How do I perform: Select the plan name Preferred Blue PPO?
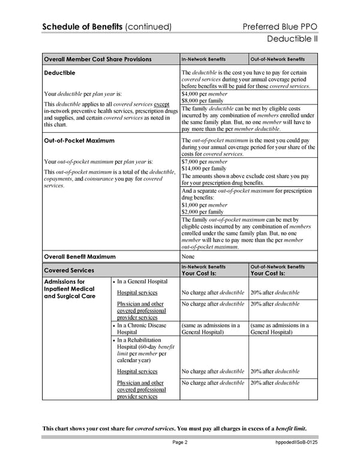coord(280,26)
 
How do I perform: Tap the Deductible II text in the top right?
coord(291,40)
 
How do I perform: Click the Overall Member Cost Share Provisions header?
coord(97,59)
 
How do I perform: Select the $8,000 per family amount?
coord(203,101)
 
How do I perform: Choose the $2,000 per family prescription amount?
coord(203,212)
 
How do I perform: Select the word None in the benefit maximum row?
coord(188,256)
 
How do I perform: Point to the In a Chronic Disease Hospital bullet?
coord(142,329)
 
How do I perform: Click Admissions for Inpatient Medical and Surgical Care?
coord(70,288)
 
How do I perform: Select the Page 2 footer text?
coord(180,443)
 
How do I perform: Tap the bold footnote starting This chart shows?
coord(174,428)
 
